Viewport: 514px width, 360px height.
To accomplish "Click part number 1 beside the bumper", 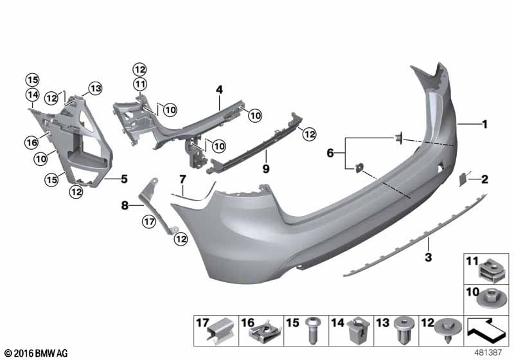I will click(485, 124).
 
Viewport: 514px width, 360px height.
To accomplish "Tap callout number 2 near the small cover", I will click(485, 179).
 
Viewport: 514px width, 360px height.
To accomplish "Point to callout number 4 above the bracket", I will click(219, 89).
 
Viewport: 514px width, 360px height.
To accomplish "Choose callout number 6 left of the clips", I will click(331, 153).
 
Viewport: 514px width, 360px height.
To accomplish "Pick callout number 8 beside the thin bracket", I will click(125, 206).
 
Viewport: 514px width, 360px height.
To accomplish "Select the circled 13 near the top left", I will click(95, 87).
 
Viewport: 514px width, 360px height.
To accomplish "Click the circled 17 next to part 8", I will click(149, 222).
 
